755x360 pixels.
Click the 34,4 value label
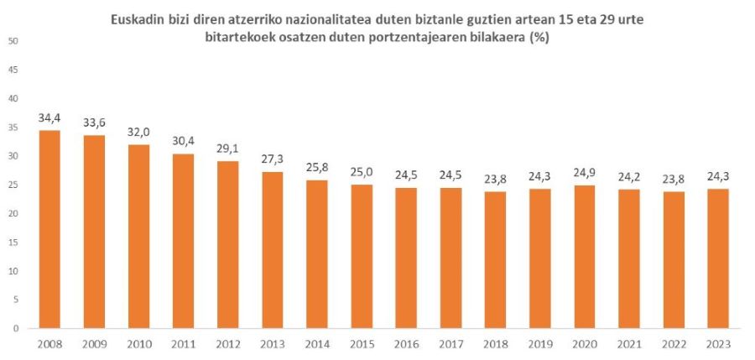(49, 118)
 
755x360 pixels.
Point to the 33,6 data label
(94, 123)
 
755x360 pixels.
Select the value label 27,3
(273, 159)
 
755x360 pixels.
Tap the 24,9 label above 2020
(586, 174)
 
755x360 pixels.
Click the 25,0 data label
(362, 173)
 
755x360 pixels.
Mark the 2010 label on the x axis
(139, 343)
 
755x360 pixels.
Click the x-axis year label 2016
(407, 343)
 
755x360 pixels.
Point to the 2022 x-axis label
(674, 343)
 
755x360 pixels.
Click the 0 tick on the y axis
(17, 328)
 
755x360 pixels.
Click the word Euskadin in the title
(138, 19)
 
